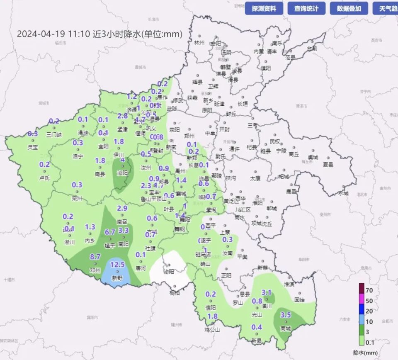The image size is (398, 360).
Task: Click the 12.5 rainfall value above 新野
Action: (118, 264)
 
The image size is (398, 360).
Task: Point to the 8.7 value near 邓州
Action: (95, 257)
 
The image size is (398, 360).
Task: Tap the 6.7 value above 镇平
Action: (110, 232)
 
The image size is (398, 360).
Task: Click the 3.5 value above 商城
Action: (286, 315)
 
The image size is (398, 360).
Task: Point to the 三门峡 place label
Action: (53, 134)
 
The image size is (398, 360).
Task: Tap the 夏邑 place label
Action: (328, 164)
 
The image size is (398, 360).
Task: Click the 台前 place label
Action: (311, 49)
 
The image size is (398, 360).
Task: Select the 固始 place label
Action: (299, 299)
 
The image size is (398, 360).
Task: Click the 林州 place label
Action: (199, 43)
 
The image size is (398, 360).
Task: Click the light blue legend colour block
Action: (362, 321)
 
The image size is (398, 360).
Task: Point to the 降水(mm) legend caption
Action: (368, 353)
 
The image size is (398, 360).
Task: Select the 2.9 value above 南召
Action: (122, 208)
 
